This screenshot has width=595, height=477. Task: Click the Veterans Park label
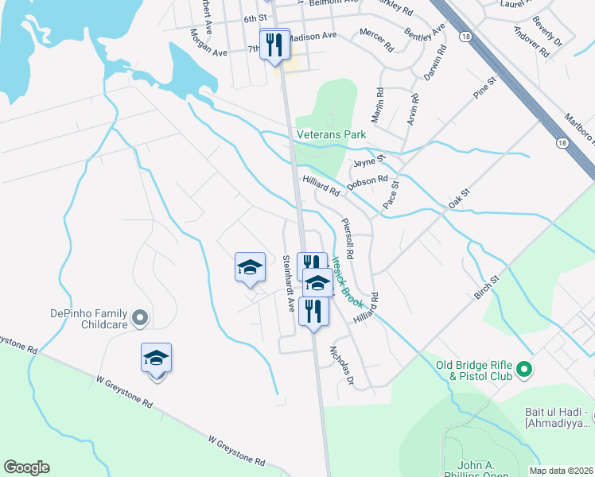click(x=331, y=135)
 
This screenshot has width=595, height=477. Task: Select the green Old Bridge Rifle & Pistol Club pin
click(x=524, y=369)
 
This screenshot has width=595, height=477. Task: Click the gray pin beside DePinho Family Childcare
click(x=140, y=318)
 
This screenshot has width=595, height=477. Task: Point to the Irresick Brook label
click(x=347, y=281)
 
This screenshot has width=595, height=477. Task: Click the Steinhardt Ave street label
click(x=290, y=282)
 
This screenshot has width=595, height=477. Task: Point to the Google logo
click(x=26, y=467)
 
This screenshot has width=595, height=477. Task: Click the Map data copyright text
click(x=561, y=471)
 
